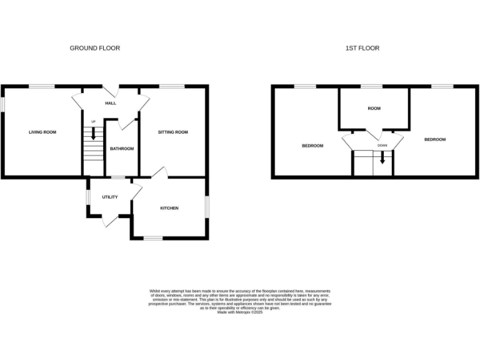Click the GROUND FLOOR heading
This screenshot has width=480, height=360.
(94, 48)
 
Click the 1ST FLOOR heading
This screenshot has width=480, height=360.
(362, 48)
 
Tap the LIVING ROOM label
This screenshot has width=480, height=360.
(42, 132)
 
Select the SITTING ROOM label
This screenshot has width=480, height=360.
(172, 132)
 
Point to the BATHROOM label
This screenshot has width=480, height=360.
(122, 149)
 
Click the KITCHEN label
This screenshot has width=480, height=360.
(169, 208)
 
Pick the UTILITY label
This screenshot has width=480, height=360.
(110, 197)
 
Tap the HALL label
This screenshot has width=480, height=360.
(110, 104)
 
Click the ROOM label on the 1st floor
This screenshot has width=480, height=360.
(374, 109)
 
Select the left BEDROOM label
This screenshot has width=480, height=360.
(312, 146)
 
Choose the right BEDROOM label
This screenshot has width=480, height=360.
(435, 139)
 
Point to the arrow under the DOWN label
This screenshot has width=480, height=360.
(382, 160)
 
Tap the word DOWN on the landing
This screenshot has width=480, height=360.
(382, 146)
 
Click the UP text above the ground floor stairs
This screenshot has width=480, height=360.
(94, 121)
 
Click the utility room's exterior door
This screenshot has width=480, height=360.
(111, 219)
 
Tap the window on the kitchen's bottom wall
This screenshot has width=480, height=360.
(152, 238)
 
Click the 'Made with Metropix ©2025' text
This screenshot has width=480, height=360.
(240, 312)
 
